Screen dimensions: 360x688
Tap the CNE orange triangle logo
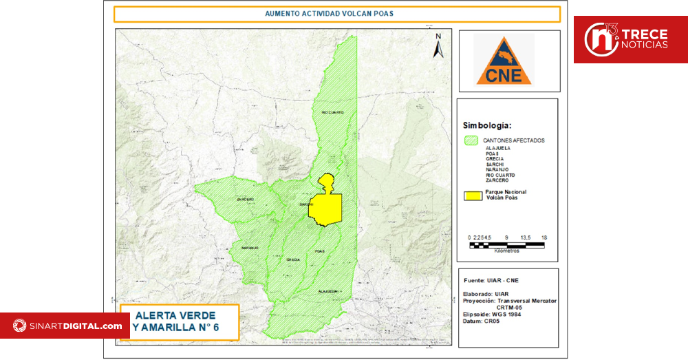pyautogui.click(x=504, y=61)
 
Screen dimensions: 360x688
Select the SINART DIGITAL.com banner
pyautogui.click(x=66, y=326)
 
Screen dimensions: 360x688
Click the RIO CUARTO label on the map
pyautogui.click(x=332, y=112)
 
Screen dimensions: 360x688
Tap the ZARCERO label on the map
pyautogui.click(x=246, y=200)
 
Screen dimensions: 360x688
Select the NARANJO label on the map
pyautogui.click(x=249, y=247)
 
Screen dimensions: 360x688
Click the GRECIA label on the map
pyautogui.click(x=292, y=260)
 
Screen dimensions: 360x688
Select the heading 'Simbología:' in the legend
pyautogui.click(x=486, y=126)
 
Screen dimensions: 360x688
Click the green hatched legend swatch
pyautogui.click(x=471, y=140)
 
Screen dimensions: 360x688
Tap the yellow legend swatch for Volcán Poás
pyautogui.click(x=471, y=195)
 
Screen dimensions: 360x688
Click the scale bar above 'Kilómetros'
pyautogui.click(x=507, y=244)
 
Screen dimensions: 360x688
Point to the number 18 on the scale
pyautogui.click(x=544, y=237)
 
